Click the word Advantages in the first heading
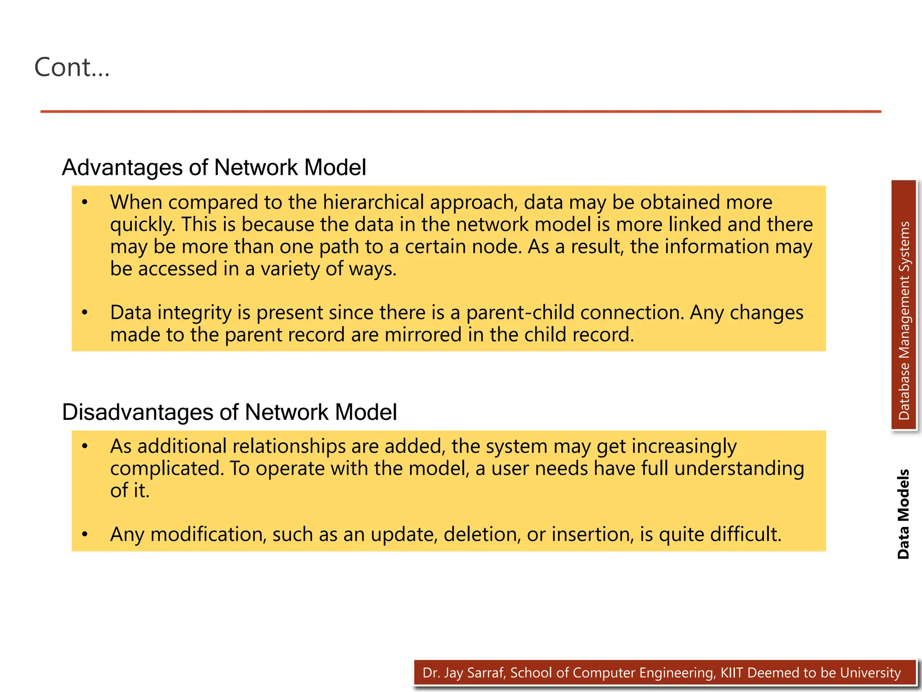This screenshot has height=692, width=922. tap(122, 168)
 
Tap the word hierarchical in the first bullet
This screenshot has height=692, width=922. tap(373, 202)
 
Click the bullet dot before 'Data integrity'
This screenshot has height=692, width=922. tap(85, 313)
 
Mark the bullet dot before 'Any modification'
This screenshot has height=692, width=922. tap(85, 535)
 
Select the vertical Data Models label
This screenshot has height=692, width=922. tap(903, 514)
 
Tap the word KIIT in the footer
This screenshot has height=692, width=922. tap(732, 673)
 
